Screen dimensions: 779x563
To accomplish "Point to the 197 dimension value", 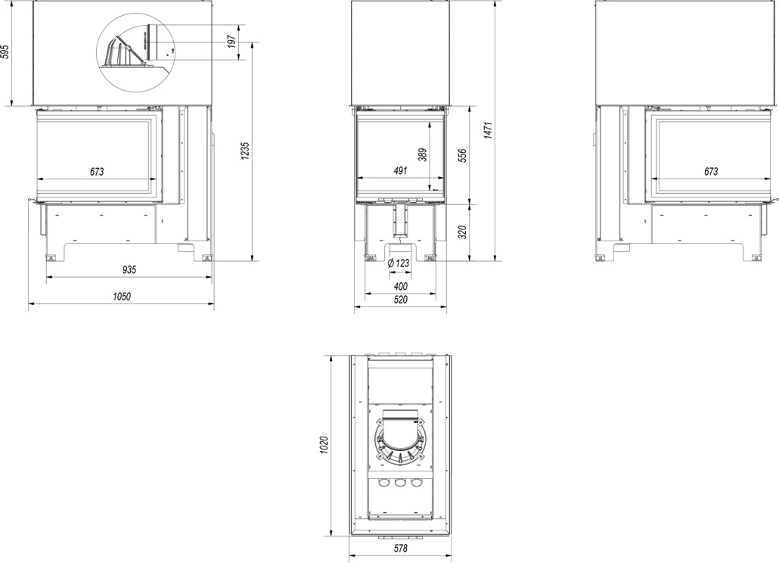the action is [232, 42].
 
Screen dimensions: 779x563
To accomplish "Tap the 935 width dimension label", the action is [129, 270].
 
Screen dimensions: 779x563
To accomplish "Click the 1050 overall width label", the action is [122, 297].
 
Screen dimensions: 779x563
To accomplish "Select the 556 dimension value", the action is [463, 157].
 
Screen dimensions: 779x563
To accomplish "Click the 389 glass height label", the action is [423, 156].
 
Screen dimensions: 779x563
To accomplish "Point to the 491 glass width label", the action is [400, 171].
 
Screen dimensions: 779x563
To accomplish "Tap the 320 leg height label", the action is [463, 232].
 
